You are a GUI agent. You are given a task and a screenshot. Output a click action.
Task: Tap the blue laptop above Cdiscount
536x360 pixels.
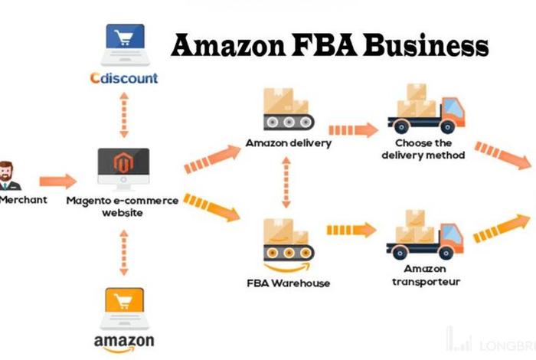pyautogui.click(x=123, y=43)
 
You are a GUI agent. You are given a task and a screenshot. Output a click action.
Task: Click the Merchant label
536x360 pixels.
pyautogui.click(x=23, y=200)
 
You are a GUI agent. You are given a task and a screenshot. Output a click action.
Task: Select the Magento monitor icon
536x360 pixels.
pyautogui.click(x=123, y=168)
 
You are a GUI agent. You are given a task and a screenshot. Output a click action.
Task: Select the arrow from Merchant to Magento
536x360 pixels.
pyautogui.click(x=58, y=182)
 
